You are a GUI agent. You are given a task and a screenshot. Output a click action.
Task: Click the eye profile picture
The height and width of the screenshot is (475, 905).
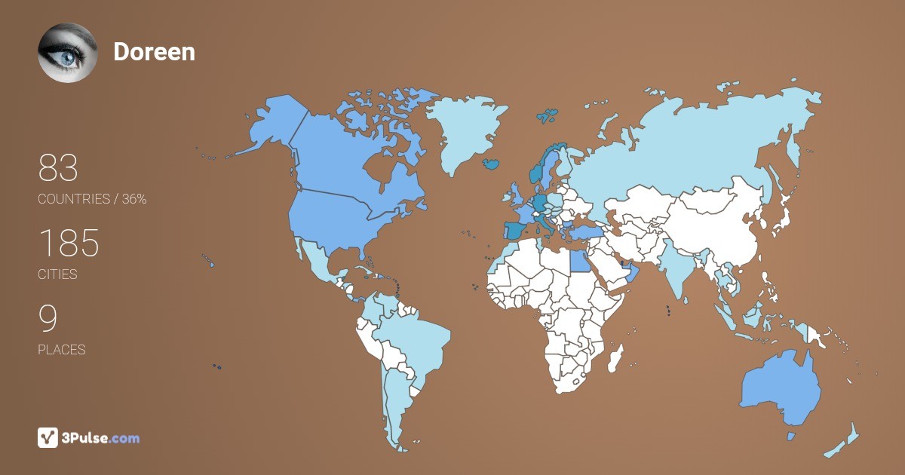(68, 52)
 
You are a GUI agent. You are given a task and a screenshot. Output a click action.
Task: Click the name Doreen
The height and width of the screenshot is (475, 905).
(154, 51)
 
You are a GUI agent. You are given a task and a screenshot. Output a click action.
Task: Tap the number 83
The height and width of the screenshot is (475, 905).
(58, 168)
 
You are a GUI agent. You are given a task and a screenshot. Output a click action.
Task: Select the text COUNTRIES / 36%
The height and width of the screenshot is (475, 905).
(92, 199)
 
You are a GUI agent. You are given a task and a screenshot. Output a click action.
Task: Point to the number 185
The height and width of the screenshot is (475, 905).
(69, 244)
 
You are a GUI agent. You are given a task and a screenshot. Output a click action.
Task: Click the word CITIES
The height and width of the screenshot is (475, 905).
(57, 274)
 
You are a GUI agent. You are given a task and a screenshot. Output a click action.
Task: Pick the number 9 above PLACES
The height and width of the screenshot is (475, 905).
(48, 319)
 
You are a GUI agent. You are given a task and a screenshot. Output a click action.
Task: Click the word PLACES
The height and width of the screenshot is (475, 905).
(61, 350)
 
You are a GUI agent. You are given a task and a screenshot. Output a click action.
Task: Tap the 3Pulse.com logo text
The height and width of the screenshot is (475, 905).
(100, 437)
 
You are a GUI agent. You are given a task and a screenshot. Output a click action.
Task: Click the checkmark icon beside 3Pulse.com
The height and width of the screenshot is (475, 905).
(48, 437)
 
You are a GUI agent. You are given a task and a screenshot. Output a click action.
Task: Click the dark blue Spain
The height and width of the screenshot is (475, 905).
(515, 230)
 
